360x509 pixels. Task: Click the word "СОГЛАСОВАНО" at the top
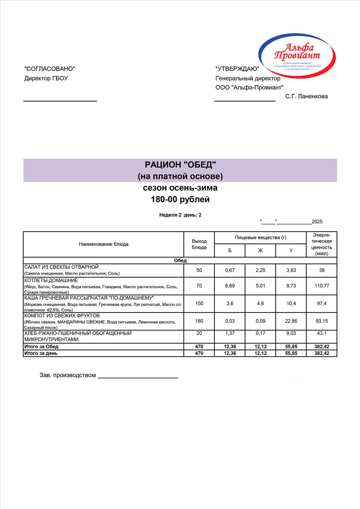click(50, 69)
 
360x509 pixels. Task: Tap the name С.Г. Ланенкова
click(306, 96)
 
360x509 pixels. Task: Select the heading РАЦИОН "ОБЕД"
click(180, 164)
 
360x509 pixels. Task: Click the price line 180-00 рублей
click(180, 199)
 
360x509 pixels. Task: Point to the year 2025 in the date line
click(317, 222)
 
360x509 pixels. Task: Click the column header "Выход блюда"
click(199, 244)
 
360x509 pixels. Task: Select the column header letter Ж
click(260, 251)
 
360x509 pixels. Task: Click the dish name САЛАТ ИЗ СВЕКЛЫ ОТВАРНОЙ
click(62, 267)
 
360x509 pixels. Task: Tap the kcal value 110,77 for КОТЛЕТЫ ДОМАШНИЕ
click(322, 286)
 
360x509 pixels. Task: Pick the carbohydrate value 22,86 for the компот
click(291, 321)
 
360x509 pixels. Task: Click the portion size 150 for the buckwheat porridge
click(199, 303)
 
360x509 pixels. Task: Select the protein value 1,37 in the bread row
click(230, 333)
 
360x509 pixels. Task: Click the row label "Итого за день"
click(41, 353)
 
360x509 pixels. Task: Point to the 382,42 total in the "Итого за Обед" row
click(322, 347)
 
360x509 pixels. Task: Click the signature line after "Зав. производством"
click(138, 377)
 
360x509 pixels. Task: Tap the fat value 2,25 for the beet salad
click(260, 270)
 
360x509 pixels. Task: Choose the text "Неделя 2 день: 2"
click(180, 215)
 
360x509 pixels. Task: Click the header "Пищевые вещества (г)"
click(260, 238)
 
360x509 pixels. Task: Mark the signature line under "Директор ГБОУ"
click(60, 101)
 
